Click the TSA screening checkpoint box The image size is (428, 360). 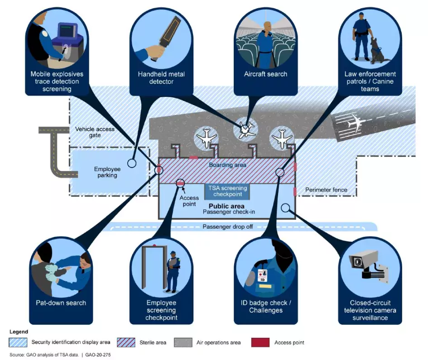tap(227, 191)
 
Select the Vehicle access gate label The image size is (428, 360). tap(95, 132)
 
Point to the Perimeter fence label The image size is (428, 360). tap(326, 190)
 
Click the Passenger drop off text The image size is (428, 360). tap(227, 226)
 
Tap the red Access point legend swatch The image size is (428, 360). tap(260, 342)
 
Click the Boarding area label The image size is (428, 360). tap(227, 165)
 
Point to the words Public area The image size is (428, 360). tap(226, 206)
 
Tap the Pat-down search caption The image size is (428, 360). tap(61, 302)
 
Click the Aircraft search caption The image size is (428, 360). tap(265, 74)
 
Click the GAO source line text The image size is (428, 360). tap(60, 355)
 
